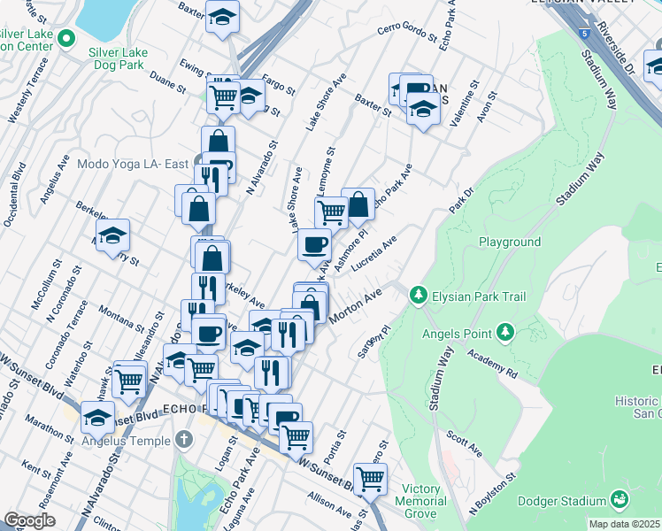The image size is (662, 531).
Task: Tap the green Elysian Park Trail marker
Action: (x=419, y=294)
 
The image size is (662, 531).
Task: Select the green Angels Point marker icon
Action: (x=505, y=332)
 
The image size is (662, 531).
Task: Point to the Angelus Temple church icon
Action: (x=183, y=439)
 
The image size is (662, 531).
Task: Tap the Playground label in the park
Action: (x=509, y=242)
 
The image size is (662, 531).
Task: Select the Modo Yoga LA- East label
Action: (x=133, y=165)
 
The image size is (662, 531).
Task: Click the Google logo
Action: (x=29, y=520)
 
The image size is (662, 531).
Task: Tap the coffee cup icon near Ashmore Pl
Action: (x=313, y=245)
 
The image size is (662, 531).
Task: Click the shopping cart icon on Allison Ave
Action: (x=371, y=479)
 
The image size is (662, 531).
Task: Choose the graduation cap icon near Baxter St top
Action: (x=223, y=15)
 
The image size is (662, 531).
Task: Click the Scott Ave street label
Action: (x=465, y=444)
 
